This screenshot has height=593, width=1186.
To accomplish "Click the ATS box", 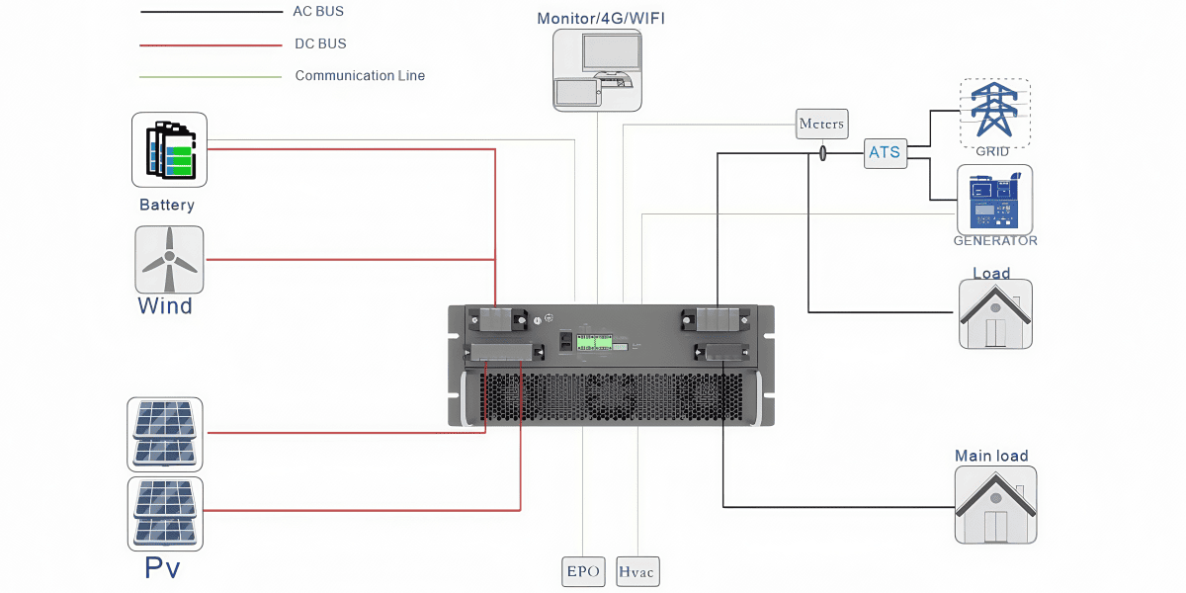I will (x=886, y=152).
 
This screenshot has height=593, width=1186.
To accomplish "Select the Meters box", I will (x=821, y=124).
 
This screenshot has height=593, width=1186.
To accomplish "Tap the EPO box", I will (x=583, y=571).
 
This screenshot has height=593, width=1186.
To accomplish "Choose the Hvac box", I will (x=637, y=571).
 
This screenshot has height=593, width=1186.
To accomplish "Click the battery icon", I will (x=169, y=149).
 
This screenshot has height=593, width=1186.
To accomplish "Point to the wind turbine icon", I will (x=169, y=259).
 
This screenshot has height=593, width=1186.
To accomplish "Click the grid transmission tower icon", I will (x=994, y=109).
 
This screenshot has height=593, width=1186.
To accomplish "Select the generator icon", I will (x=994, y=199).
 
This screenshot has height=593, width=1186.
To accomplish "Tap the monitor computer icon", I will (x=597, y=69).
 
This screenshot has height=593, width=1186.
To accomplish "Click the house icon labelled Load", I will (x=995, y=313).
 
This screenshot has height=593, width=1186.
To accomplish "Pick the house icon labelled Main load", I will (x=995, y=504).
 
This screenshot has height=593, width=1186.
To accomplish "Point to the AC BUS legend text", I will (x=318, y=12).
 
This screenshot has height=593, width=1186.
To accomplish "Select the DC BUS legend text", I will (x=320, y=44).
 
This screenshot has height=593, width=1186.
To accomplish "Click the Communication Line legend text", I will (x=360, y=76).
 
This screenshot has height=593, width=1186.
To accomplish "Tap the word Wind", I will (x=165, y=305).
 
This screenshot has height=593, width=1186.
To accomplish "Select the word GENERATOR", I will (x=995, y=240).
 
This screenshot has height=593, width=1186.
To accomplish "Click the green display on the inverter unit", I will (x=595, y=341).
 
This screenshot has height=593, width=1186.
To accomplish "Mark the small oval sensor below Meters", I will (x=822, y=153).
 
